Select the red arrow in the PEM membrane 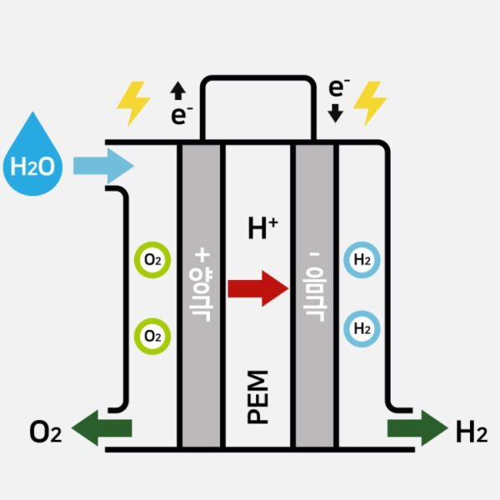[257, 287]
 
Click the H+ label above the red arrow [262, 227]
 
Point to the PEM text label [258, 397]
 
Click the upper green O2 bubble [152, 260]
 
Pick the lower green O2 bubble [152, 336]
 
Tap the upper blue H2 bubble [362, 260]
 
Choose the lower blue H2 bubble [362, 328]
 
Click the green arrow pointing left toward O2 [102, 428]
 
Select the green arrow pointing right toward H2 [417, 428]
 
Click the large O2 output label [45, 432]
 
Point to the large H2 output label [471, 432]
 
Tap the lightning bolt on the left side [133, 102]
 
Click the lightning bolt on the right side [370, 102]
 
